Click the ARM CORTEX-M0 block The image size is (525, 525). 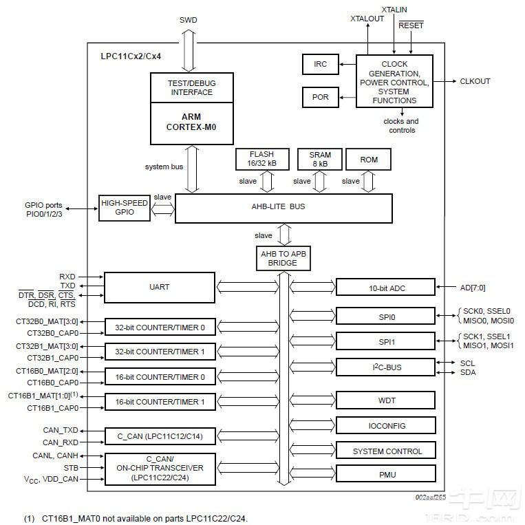click(188, 122)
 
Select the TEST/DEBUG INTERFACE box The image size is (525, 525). click(188, 87)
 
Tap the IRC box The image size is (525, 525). click(321, 64)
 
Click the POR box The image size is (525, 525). click(321, 97)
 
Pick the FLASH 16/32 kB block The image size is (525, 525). click(261, 159)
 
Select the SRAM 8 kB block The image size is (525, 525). click(319, 159)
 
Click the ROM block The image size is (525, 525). click(369, 160)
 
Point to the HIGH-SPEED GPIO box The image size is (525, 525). click(124, 208)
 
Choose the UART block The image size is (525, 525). click(159, 287)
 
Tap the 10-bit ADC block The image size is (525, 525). click(385, 288)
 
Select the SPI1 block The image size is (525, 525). click(385, 341)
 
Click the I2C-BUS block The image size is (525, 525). click(385, 367)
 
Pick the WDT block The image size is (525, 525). click(385, 400)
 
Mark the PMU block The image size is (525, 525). click(385, 474)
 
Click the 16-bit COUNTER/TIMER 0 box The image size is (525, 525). click(160, 377)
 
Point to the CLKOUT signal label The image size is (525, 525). click(475, 81)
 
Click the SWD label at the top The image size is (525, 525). click(188, 20)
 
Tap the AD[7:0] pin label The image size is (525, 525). click(477, 288)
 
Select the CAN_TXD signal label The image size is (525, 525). click(61, 430)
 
